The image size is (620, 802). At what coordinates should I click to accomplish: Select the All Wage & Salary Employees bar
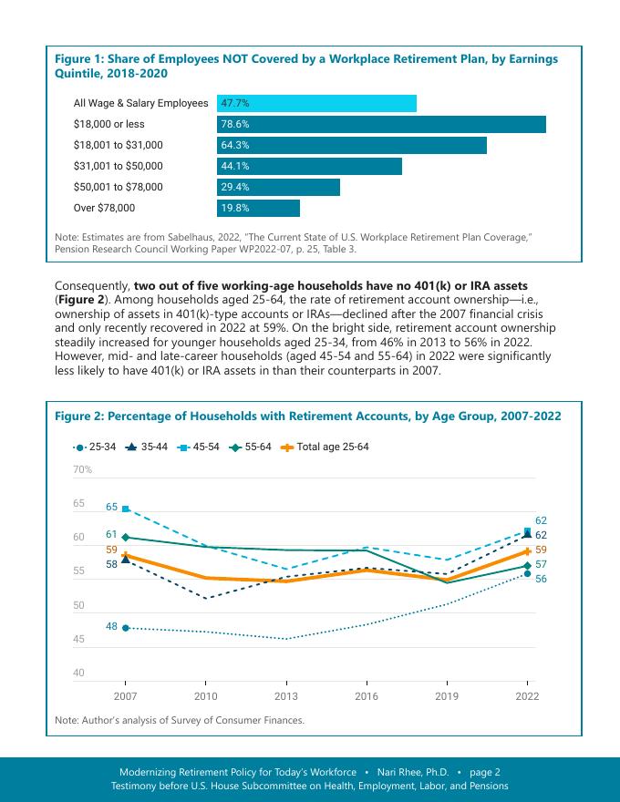(x=316, y=103)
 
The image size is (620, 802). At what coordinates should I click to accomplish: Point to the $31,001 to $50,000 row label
(x=119, y=166)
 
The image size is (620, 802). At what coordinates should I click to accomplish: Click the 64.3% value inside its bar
(x=235, y=145)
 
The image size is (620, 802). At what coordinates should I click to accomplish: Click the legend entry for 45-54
(x=197, y=447)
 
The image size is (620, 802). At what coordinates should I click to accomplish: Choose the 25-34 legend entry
(x=95, y=447)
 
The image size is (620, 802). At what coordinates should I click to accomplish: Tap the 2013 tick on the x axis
(x=285, y=696)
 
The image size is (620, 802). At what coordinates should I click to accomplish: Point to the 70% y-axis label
(x=83, y=469)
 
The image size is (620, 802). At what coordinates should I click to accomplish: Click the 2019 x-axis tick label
(x=447, y=696)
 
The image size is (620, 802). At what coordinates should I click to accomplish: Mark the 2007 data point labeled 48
(x=126, y=628)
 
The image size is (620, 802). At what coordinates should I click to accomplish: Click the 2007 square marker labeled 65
(x=126, y=509)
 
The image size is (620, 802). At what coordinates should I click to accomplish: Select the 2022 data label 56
(x=541, y=579)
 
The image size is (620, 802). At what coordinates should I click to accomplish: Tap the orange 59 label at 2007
(x=111, y=550)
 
